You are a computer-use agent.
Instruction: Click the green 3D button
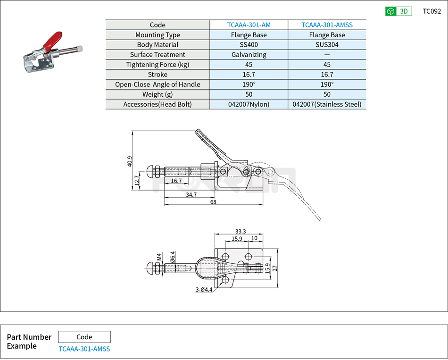pyautogui.click(x=398, y=11)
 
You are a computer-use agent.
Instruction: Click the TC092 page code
pyautogui.click(x=431, y=11)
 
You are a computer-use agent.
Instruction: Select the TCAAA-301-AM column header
pyautogui.click(x=249, y=25)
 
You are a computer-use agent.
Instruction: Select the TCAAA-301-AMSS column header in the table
pyautogui.click(x=327, y=25)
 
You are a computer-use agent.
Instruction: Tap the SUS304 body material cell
pyautogui.click(x=327, y=45)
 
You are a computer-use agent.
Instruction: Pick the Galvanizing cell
pyautogui.click(x=249, y=55)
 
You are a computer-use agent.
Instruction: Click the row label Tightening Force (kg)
pyautogui.click(x=158, y=65)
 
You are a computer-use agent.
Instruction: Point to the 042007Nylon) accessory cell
pyautogui.click(x=249, y=104)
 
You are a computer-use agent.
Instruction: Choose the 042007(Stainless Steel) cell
pyautogui.click(x=327, y=104)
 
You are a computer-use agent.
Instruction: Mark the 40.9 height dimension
pyautogui.click(x=130, y=161)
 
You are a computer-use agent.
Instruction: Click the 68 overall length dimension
pyautogui.click(x=213, y=202)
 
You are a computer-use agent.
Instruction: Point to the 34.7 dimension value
pyautogui.click(x=191, y=194)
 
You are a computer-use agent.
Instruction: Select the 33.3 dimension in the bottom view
pyautogui.click(x=241, y=231)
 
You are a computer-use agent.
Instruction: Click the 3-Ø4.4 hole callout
pyautogui.click(x=204, y=290)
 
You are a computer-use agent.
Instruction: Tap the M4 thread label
pyautogui.click(x=159, y=257)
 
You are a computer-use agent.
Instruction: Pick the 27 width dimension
pyautogui.click(x=275, y=268)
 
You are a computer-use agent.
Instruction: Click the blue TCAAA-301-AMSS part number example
pyautogui.click(x=84, y=349)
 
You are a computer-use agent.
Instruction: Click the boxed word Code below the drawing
pyautogui.click(x=84, y=337)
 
